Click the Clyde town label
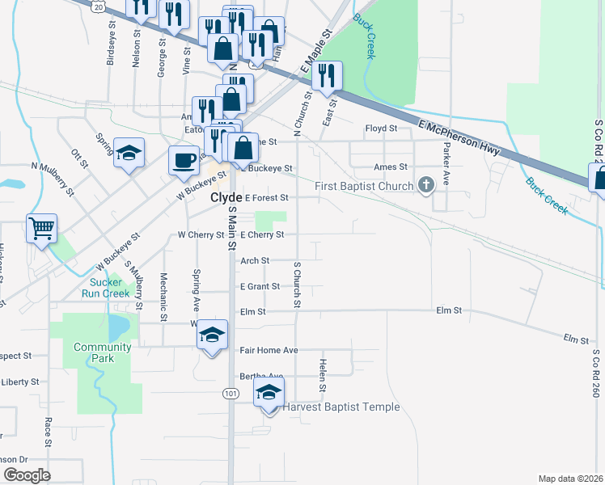click(x=226, y=197)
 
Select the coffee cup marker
click(x=184, y=158)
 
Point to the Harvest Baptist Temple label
click(x=341, y=407)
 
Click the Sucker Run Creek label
click(x=105, y=288)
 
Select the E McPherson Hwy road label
click(x=459, y=136)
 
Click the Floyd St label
click(x=381, y=129)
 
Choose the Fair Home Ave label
click(x=269, y=350)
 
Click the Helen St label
click(x=322, y=376)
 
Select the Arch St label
click(x=255, y=260)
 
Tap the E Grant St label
click(x=260, y=286)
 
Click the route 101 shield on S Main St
click(x=231, y=394)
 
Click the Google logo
click(x=27, y=475)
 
